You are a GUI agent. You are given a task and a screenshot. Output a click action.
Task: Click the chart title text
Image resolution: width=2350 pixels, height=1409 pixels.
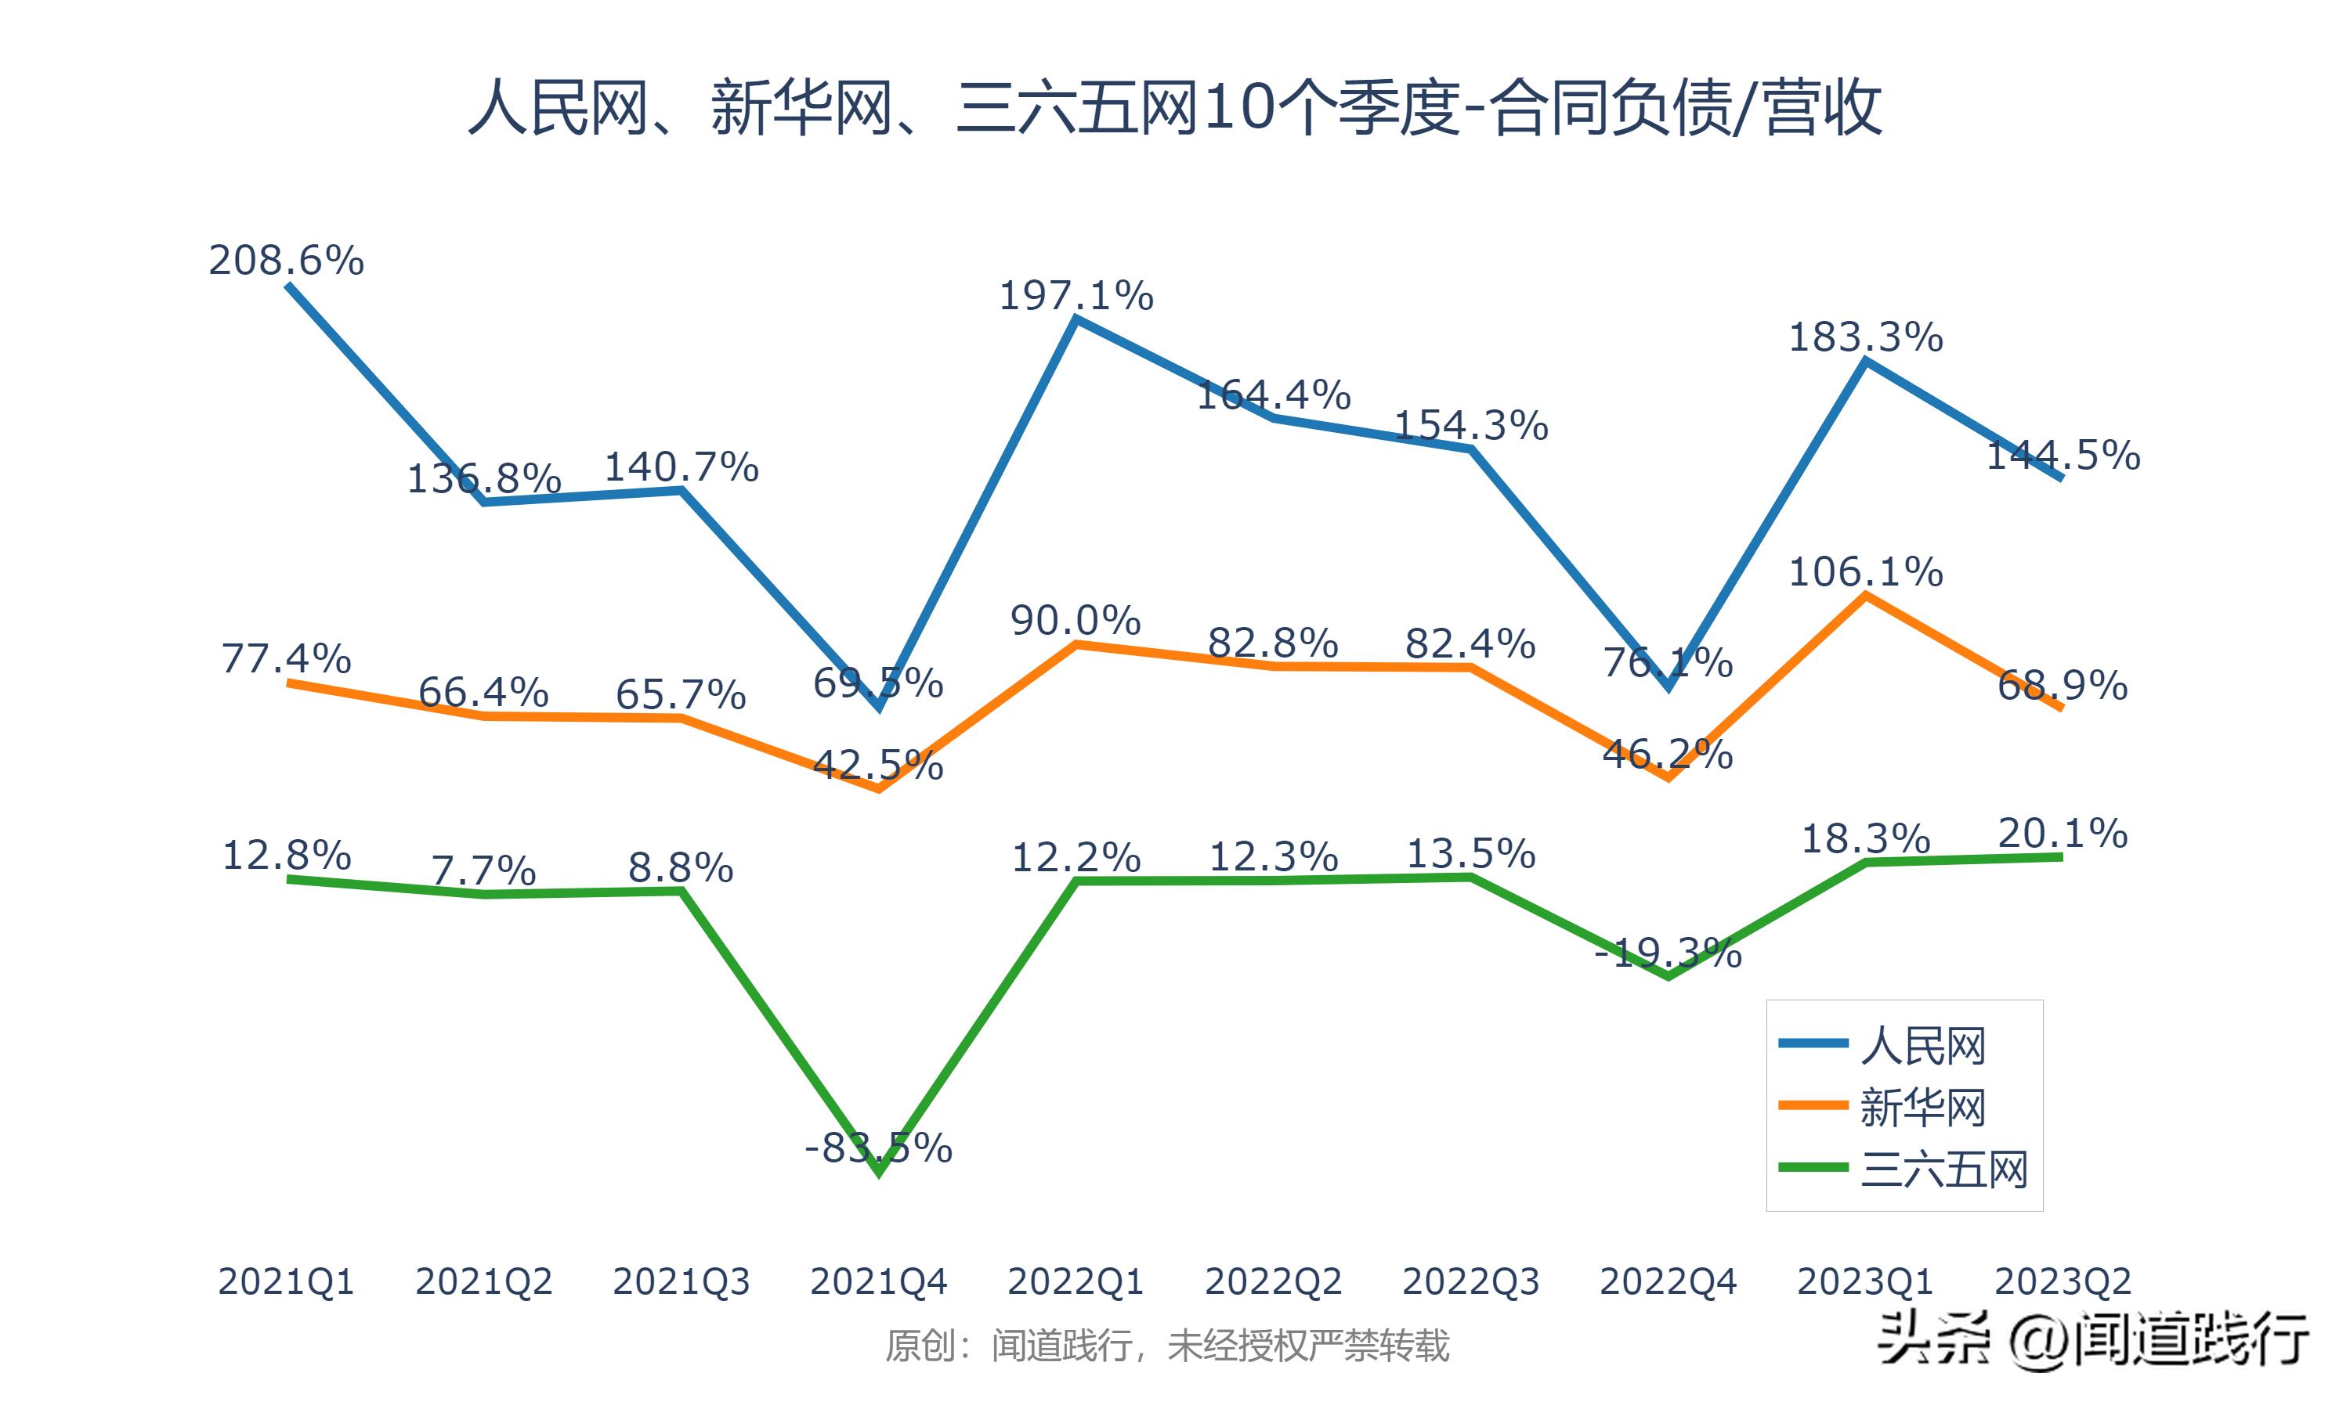(x=1174, y=108)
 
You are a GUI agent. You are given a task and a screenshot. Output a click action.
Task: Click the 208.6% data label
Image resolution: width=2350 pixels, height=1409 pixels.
(x=286, y=260)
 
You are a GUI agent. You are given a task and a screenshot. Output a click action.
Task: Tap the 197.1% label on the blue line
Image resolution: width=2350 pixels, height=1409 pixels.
(x=1076, y=295)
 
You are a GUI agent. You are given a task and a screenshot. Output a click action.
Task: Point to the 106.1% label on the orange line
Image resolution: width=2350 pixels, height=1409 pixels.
(x=1866, y=571)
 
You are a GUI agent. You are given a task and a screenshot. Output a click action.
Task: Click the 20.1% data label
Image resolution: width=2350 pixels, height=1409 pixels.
(x=2063, y=833)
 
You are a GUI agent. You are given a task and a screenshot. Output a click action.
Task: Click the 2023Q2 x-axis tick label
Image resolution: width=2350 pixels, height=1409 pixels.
(x=2063, y=1281)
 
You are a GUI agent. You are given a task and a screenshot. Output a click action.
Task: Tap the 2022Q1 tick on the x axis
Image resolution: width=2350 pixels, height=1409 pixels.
(x=1076, y=1281)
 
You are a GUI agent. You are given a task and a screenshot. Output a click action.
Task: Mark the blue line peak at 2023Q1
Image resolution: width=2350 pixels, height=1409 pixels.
(x=1866, y=361)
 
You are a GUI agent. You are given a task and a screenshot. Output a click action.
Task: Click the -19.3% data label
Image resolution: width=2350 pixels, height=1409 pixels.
(x=1668, y=953)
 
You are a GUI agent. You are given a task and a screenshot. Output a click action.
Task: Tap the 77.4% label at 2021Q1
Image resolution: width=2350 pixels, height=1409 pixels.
(x=286, y=658)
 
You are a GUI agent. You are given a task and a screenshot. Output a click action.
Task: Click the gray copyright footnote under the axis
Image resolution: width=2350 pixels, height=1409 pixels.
(x=1166, y=1346)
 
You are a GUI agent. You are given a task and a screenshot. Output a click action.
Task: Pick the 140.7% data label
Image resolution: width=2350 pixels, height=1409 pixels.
(x=681, y=467)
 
